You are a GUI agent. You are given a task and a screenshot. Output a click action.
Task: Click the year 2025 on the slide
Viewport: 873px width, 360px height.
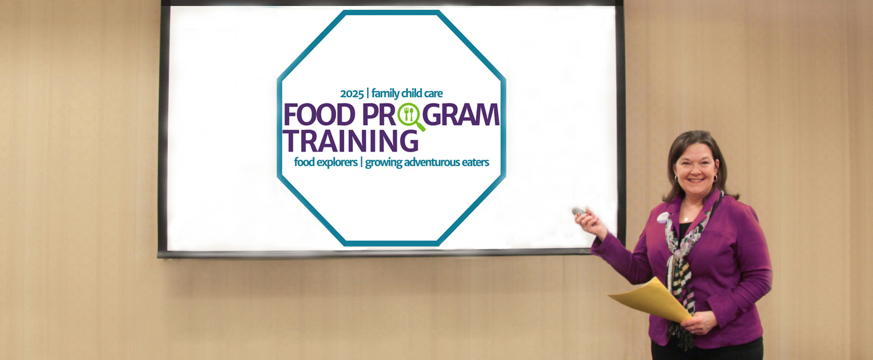click(x=351, y=94)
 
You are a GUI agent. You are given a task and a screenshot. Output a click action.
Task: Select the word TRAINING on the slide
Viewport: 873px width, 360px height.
click(x=350, y=141)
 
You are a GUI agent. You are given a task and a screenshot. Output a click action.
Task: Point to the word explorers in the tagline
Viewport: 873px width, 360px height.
click(x=337, y=163)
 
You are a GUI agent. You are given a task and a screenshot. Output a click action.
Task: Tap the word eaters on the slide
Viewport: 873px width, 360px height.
click(x=475, y=163)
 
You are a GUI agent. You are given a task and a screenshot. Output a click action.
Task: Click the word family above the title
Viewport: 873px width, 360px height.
click(x=385, y=94)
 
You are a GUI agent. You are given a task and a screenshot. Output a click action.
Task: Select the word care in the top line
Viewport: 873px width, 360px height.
click(x=433, y=94)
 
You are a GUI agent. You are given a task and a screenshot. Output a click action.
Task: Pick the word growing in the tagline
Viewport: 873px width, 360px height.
click(x=384, y=163)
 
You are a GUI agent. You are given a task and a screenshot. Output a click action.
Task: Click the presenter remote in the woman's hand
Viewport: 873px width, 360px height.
click(x=579, y=212)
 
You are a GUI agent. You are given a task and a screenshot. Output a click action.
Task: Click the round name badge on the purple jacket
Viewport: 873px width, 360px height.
click(x=662, y=218)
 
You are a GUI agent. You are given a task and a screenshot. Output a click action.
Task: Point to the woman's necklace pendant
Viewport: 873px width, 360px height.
click(x=686, y=219)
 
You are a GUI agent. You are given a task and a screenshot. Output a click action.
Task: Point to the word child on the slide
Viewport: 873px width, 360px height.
click(x=412, y=94)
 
